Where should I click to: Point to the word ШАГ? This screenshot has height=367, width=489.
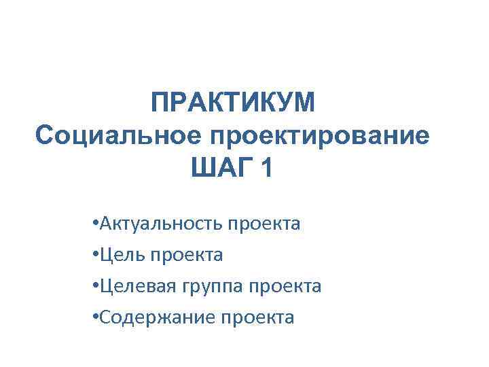pos(216,167)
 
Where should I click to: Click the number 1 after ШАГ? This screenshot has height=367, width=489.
pos(264,167)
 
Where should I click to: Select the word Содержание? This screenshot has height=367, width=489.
pos(150,317)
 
